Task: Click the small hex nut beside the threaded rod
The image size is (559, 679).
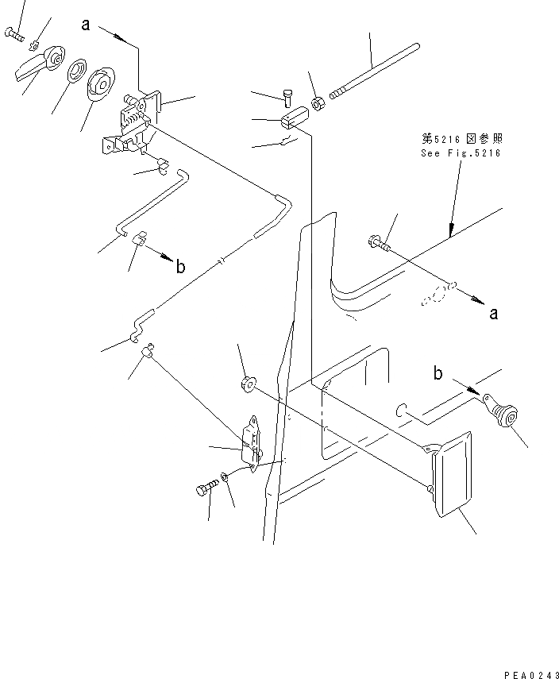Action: (x=317, y=102)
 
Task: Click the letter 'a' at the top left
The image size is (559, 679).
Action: (x=85, y=25)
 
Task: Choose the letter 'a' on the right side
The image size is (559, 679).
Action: (x=493, y=314)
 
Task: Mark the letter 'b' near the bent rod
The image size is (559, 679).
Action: (x=181, y=267)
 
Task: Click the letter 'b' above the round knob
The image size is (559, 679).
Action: (x=438, y=372)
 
